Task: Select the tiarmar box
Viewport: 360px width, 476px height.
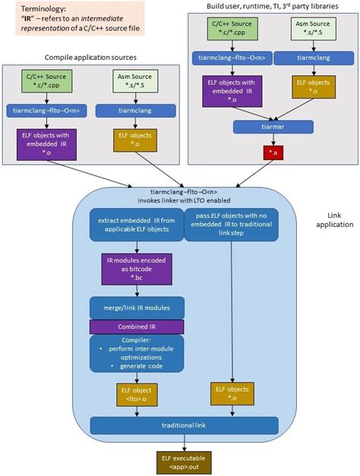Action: (x=271, y=127)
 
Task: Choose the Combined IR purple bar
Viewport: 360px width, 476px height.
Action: (x=137, y=326)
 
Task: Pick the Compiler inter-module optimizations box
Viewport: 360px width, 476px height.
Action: (x=137, y=353)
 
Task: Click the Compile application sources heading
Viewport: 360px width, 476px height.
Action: (x=90, y=57)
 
